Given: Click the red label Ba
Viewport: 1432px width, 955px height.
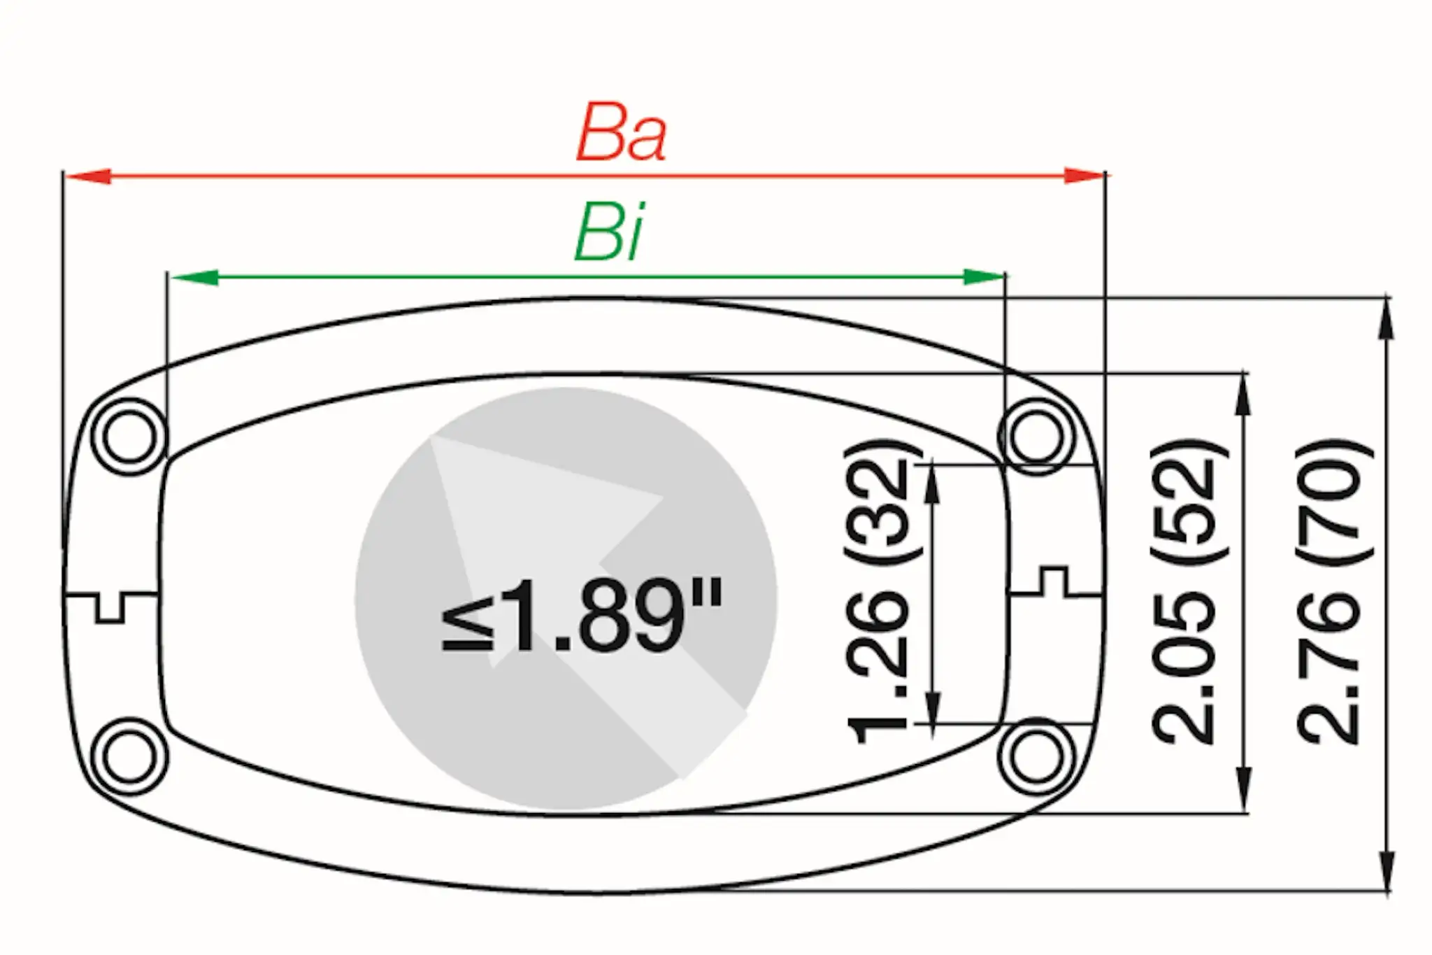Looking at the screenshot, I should (x=621, y=133).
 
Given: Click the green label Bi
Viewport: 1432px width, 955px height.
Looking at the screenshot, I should (x=608, y=232).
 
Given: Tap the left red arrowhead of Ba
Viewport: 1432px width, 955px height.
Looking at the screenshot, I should (x=87, y=176).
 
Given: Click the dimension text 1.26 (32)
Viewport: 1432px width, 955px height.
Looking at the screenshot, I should (x=880, y=592).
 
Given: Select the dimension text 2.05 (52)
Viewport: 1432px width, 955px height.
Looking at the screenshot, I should (x=1187, y=592).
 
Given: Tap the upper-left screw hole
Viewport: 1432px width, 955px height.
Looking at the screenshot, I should (x=129, y=437).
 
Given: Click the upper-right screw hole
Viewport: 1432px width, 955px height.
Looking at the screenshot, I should (x=1036, y=437).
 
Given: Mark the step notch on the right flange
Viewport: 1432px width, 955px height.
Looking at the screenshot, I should (x=1054, y=581).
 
